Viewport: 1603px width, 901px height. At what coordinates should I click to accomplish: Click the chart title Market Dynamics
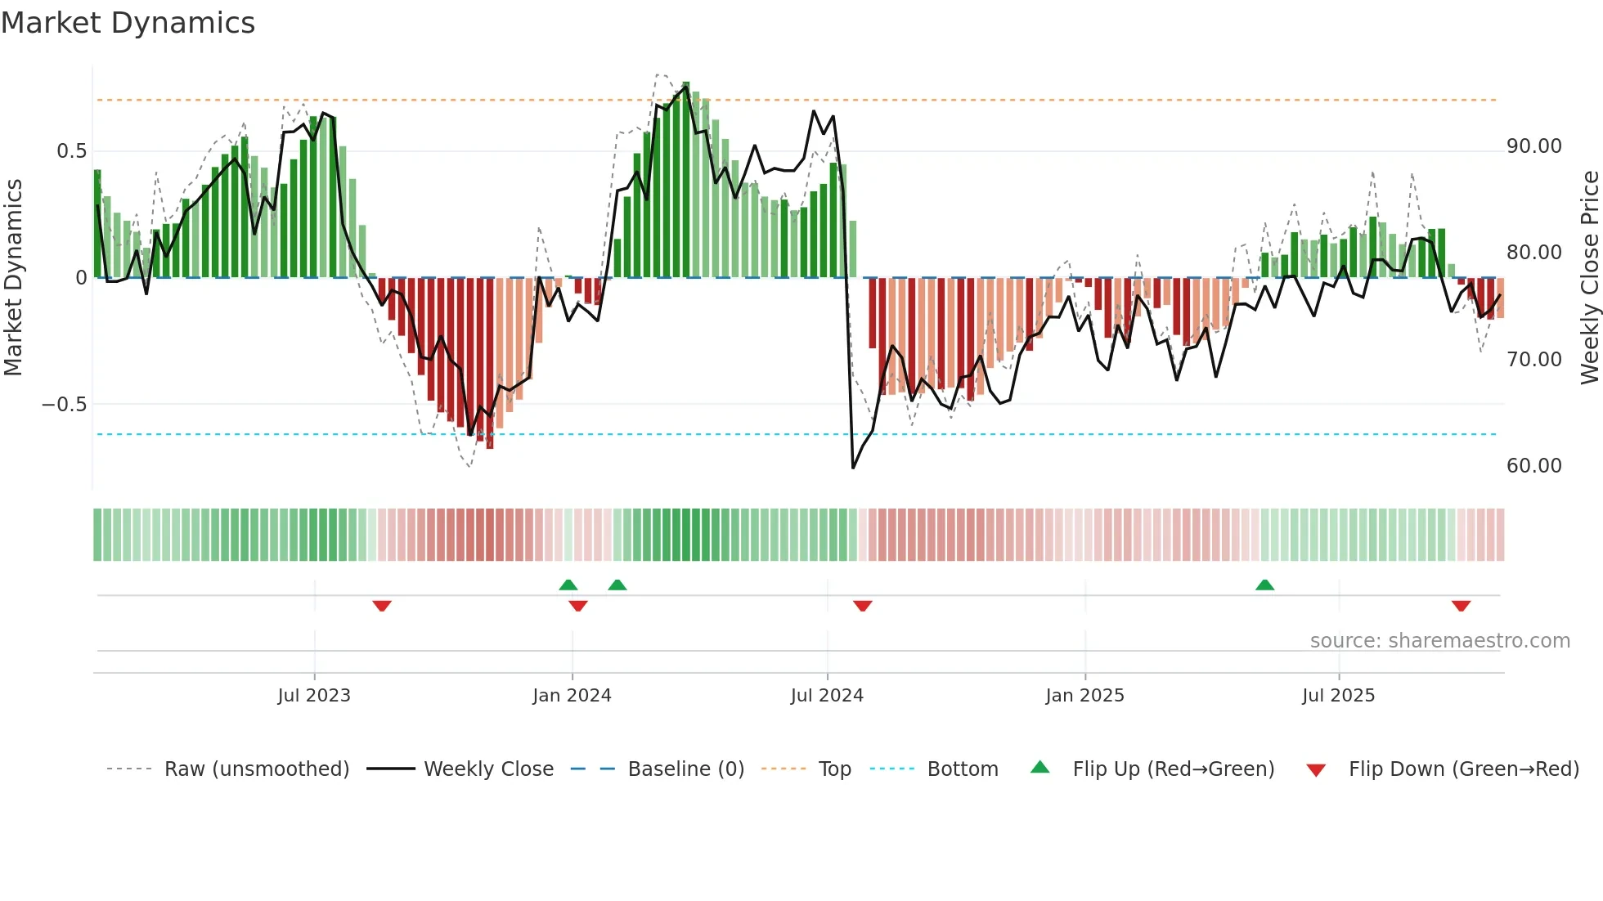[x=128, y=23]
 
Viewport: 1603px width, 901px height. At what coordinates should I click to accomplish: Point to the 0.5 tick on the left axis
[x=71, y=151]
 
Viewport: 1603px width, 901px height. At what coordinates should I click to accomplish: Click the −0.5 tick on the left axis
[x=64, y=405]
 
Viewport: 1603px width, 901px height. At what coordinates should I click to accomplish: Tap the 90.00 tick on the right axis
[x=1533, y=146]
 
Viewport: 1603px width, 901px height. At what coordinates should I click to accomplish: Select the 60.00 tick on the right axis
[x=1533, y=466]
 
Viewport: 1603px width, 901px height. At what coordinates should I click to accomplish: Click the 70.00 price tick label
[x=1533, y=360]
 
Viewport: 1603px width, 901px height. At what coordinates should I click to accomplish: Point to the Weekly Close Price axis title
[x=1589, y=278]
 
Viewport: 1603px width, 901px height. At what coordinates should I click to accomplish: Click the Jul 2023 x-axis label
[x=314, y=696]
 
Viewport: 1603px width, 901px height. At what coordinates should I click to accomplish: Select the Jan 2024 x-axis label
[x=572, y=696]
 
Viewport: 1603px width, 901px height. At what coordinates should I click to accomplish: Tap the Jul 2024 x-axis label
[x=827, y=696]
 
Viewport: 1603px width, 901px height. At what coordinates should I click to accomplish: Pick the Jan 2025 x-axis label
[x=1084, y=696]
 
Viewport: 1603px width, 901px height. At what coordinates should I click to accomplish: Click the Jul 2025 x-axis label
[x=1338, y=696]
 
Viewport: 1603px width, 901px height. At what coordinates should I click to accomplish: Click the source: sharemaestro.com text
[x=1439, y=641]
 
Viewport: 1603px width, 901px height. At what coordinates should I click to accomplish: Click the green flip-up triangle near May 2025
[x=1264, y=585]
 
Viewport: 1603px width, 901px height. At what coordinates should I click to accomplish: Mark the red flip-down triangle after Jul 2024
[x=862, y=606]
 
